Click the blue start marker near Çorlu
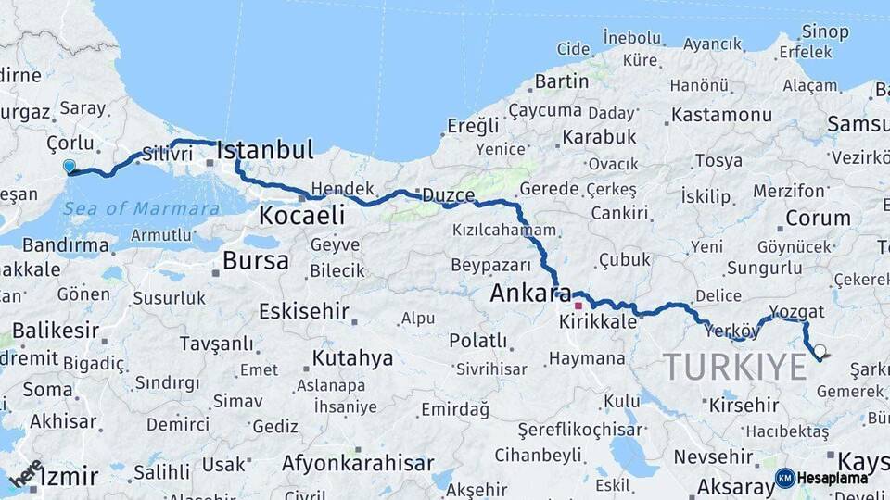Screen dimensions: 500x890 point(69,167)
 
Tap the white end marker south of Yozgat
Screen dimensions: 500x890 point(819,351)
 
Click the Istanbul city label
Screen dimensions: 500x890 point(265,150)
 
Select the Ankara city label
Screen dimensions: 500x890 point(530,294)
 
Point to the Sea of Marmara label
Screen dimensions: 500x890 point(141,208)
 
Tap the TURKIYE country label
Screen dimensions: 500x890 point(734,367)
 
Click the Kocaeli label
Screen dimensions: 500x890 point(302,216)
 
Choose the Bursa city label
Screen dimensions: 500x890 point(256,261)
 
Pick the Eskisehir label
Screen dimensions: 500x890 point(303,311)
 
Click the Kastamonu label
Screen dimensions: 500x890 point(721,115)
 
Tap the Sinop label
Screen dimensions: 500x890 point(825,31)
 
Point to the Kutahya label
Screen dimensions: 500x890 point(352,357)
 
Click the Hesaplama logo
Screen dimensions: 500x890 point(821,478)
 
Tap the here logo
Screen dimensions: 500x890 point(25,473)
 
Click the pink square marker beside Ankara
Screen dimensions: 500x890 point(578,305)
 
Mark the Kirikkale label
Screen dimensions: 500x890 point(598,321)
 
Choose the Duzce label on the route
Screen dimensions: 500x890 point(448,196)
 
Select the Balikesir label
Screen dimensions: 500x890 point(56,331)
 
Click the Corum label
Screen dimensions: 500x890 point(818,219)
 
